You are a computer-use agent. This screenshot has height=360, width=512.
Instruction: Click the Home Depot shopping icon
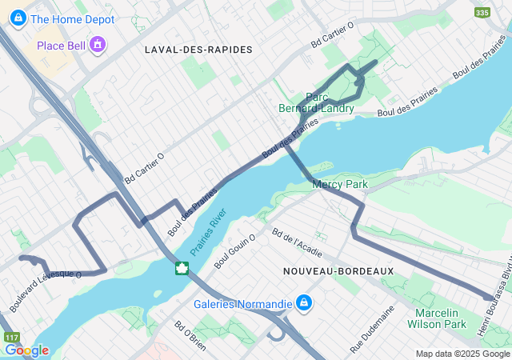pos(16,19)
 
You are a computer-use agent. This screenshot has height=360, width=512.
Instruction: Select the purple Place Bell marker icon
pos(98,44)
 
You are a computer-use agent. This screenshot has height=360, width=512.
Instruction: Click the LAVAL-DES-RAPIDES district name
pos(198,50)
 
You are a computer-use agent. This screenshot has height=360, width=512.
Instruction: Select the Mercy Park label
pos(339,185)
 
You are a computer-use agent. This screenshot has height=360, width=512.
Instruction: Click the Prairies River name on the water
pos(210,238)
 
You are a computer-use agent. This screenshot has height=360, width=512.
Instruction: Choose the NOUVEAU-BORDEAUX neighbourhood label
pos(338,271)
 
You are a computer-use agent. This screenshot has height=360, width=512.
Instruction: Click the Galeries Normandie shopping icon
pos(304,303)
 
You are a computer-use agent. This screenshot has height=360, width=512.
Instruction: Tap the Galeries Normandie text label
pos(243,304)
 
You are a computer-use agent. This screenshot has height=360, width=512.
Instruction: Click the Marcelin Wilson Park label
pos(436,318)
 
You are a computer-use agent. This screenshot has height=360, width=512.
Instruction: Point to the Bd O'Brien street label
pos(190,337)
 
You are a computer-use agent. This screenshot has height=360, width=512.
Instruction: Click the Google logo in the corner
pos(26,350)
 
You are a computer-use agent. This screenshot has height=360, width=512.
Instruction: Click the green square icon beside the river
pos(182,267)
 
